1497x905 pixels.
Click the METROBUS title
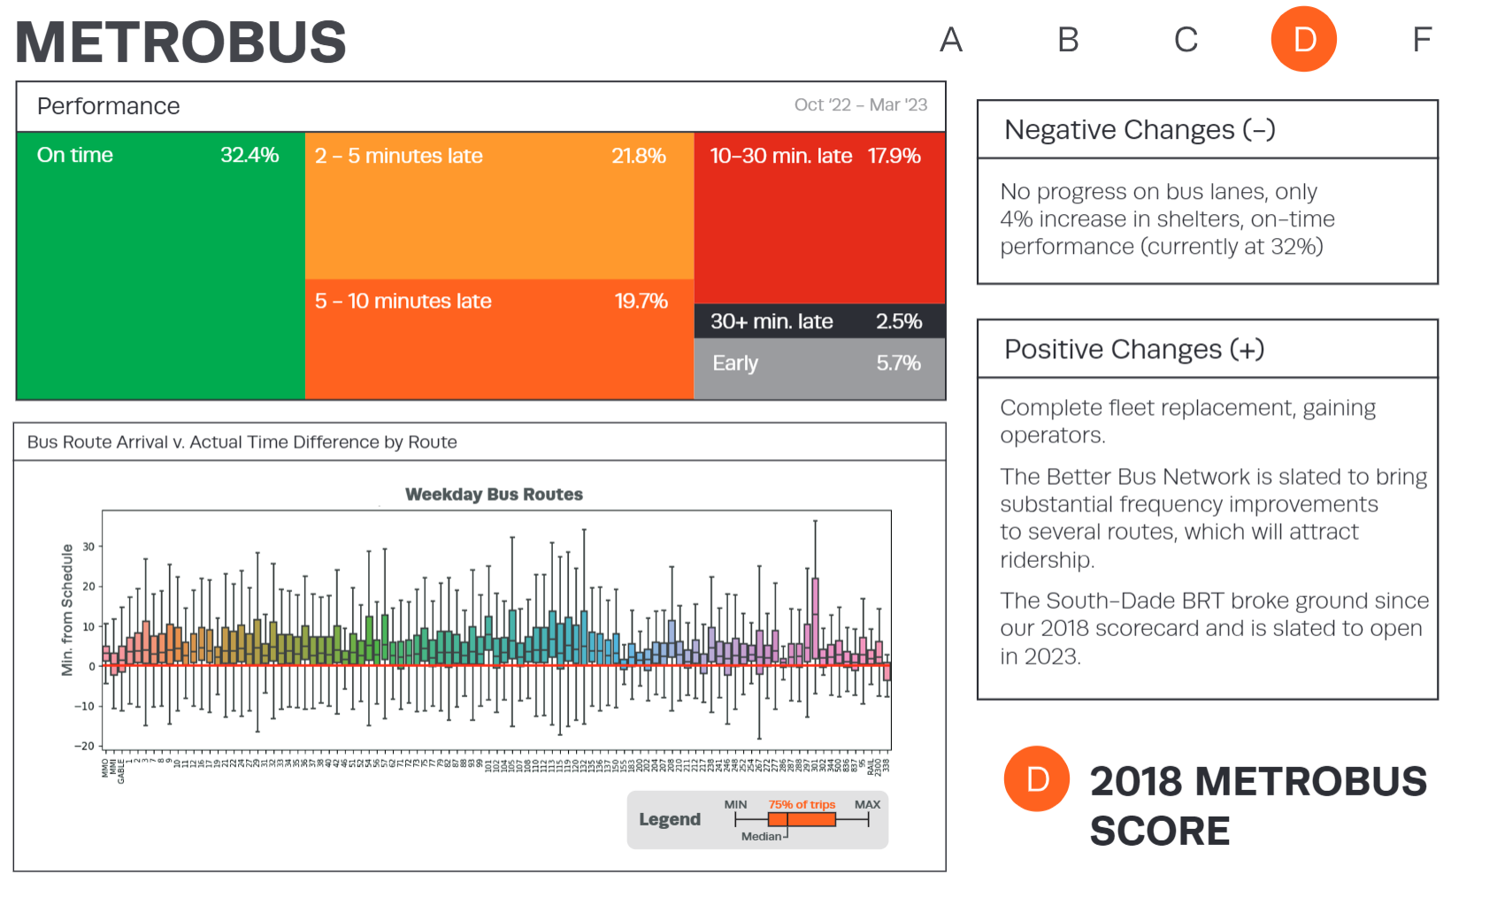pos(180,42)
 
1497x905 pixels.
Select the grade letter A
pos(950,40)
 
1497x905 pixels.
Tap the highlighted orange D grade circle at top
pos(1303,40)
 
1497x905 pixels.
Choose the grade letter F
pos(1421,40)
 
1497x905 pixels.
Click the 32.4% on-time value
pos(249,156)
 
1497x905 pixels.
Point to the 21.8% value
pos(638,157)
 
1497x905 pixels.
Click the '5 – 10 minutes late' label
pos(403,302)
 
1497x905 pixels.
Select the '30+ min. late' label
pos(772,322)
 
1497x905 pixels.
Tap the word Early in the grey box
pos(735,364)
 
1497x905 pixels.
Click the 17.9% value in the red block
pos(894,157)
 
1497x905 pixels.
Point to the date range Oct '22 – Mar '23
pos(860,105)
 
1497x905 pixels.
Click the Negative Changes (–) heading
pos(1140,130)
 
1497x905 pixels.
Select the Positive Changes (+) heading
pos(1134,349)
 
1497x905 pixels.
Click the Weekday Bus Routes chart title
pos(494,495)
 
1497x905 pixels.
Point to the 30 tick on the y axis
pos(88,547)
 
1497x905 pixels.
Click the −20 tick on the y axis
pos(84,746)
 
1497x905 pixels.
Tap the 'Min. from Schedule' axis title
pos(67,610)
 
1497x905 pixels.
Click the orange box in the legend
pos(802,820)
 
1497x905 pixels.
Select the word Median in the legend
pos(761,836)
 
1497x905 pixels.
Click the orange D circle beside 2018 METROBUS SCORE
pos(1037,779)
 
